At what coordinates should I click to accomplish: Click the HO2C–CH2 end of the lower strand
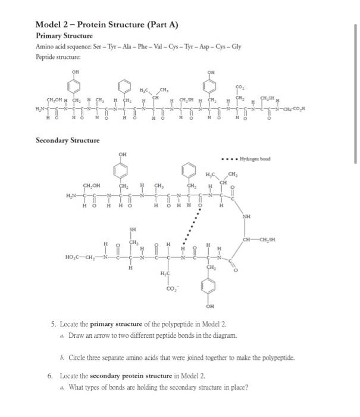[83, 257]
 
